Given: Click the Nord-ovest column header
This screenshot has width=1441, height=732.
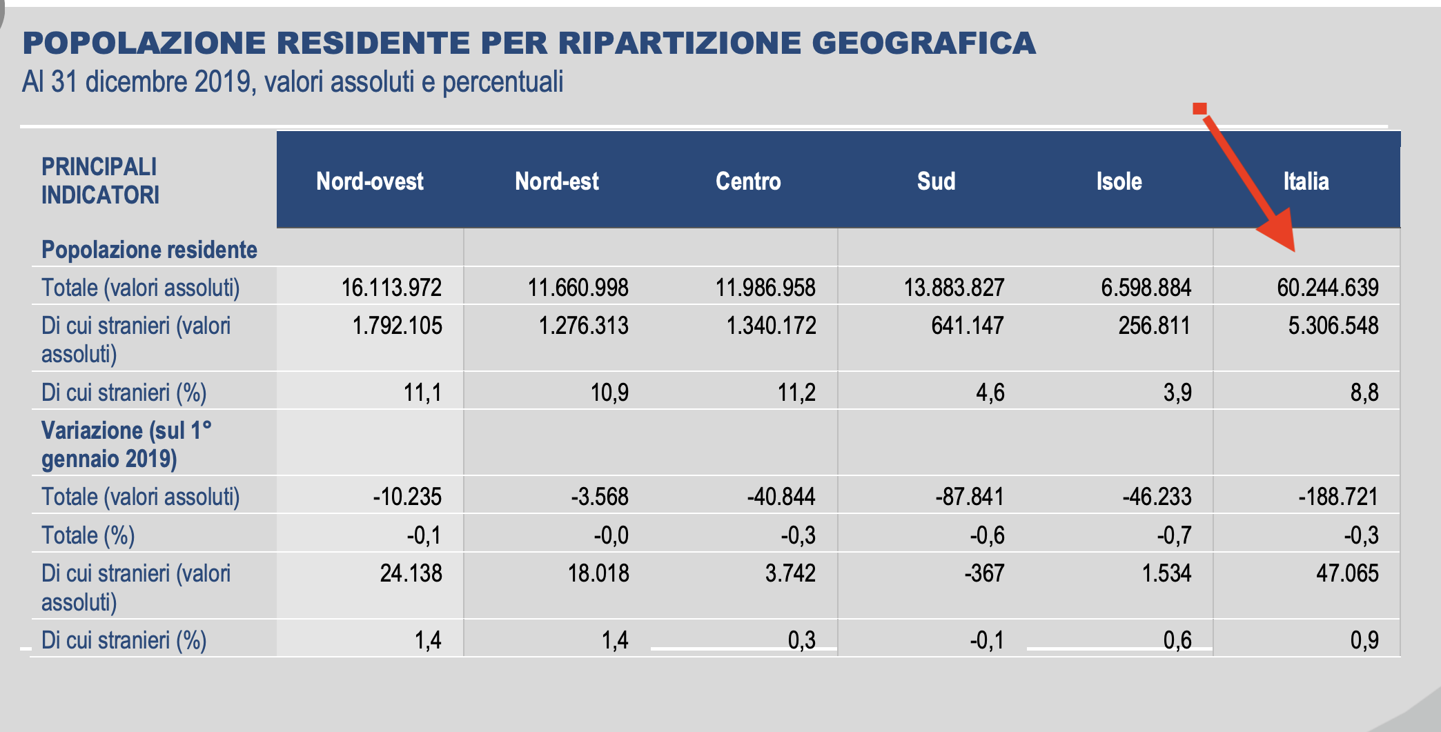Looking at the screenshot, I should click(370, 181).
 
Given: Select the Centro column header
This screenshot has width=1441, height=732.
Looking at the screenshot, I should click(748, 181).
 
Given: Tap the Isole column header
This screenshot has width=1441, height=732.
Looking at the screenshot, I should click(1119, 181).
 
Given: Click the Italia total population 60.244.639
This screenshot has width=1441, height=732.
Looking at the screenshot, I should click(1327, 288).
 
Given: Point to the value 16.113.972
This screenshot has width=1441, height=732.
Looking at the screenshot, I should click(391, 288).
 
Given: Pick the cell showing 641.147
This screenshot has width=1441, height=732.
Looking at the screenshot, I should click(967, 326).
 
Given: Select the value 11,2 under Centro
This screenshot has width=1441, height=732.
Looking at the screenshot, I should click(796, 393).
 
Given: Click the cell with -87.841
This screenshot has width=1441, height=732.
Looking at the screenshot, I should click(970, 497).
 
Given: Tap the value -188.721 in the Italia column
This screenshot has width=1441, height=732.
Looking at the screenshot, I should click(1337, 497).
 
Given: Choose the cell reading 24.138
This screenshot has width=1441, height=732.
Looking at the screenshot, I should click(411, 573).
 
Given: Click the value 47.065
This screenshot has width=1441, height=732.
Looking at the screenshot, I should click(1346, 573).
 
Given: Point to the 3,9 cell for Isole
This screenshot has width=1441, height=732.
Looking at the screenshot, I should click(1177, 393).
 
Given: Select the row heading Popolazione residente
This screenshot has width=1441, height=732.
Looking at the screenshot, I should click(149, 250).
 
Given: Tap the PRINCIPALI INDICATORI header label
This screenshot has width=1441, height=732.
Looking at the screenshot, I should click(100, 181).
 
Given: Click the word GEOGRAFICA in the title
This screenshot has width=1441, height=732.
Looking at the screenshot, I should click(923, 43).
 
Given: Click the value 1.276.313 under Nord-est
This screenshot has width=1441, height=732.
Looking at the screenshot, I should click(583, 326).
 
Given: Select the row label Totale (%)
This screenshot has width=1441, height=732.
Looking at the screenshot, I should click(88, 535).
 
